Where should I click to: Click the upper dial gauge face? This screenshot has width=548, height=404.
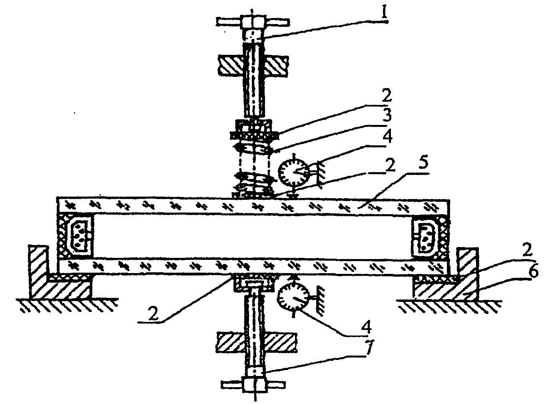click(x=293, y=172)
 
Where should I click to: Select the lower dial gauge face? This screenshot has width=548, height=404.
click(x=294, y=297)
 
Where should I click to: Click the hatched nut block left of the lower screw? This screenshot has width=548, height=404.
click(x=230, y=342)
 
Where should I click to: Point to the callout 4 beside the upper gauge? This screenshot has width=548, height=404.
click(x=387, y=135)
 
